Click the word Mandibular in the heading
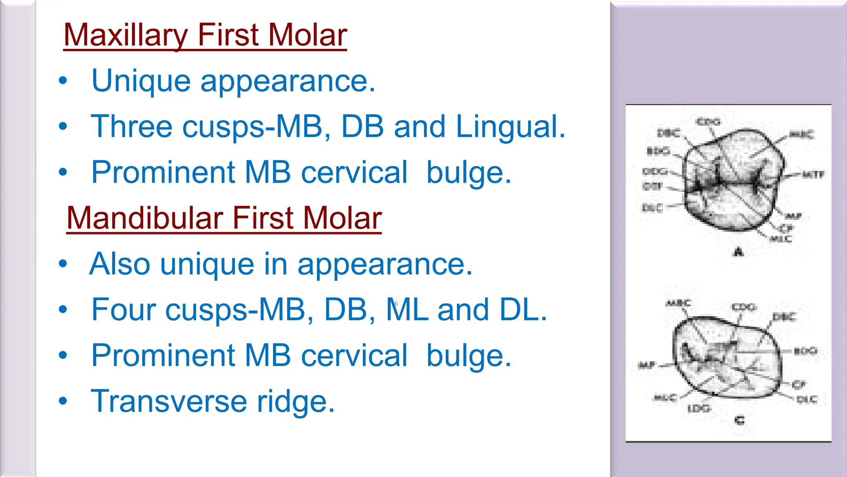pos(145,218)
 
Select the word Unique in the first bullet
pos(141,81)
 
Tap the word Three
pos(132,127)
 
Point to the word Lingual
pos(510,127)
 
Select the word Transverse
pos(169,401)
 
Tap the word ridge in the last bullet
pos(295,402)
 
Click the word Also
pos(120,264)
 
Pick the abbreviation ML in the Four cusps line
pos(407,310)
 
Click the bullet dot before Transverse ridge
pos(63,401)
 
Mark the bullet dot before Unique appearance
pos(63,80)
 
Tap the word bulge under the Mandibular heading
pos(469,356)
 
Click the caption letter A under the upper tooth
pos(738,252)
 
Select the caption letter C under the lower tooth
pos(739,420)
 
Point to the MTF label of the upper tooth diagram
pos(813,175)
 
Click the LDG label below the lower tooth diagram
pos(699,409)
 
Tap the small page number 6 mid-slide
pos(396,304)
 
